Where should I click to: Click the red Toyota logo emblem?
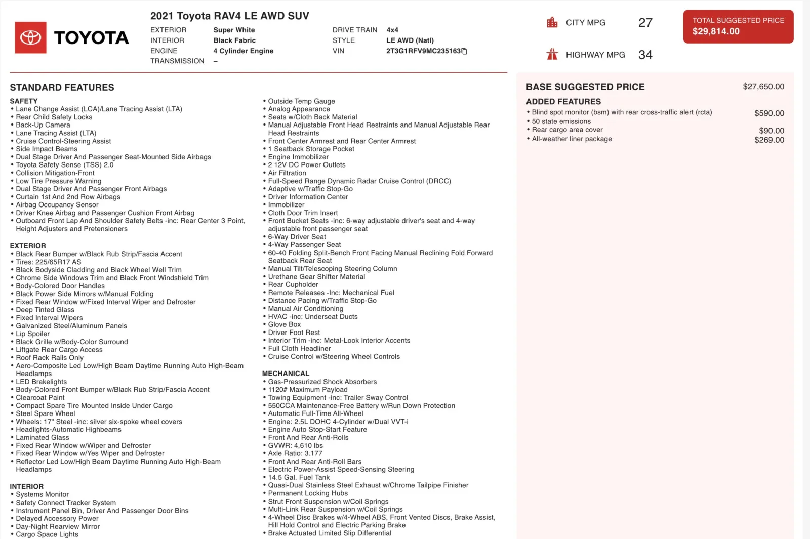[x=30, y=37]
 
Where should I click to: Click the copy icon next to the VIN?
[x=465, y=51]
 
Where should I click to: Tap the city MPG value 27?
[x=645, y=23]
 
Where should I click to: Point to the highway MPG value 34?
[x=645, y=55]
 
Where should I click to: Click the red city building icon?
[x=552, y=23]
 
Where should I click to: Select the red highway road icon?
[x=552, y=55]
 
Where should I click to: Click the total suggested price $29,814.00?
[x=715, y=31]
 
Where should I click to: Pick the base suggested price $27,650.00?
[x=763, y=87]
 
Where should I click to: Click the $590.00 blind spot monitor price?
[x=769, y=113]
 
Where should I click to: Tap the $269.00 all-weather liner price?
[x=769, y=140]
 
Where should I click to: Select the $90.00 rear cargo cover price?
[x=772, y=131]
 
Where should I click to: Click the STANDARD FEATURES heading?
[x=62, y=88]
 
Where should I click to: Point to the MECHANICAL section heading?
[x=286, y=374]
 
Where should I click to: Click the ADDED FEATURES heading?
[x=563, y=102]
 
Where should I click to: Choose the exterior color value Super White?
[x=234, y=30]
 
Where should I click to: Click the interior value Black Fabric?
[x=234, y=40]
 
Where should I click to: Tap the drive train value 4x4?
[x=392, y=30]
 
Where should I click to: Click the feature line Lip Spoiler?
[x=32, y=334]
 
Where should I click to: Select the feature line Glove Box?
[x=284, y=324]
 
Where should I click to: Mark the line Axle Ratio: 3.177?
[x=295, y=453]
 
